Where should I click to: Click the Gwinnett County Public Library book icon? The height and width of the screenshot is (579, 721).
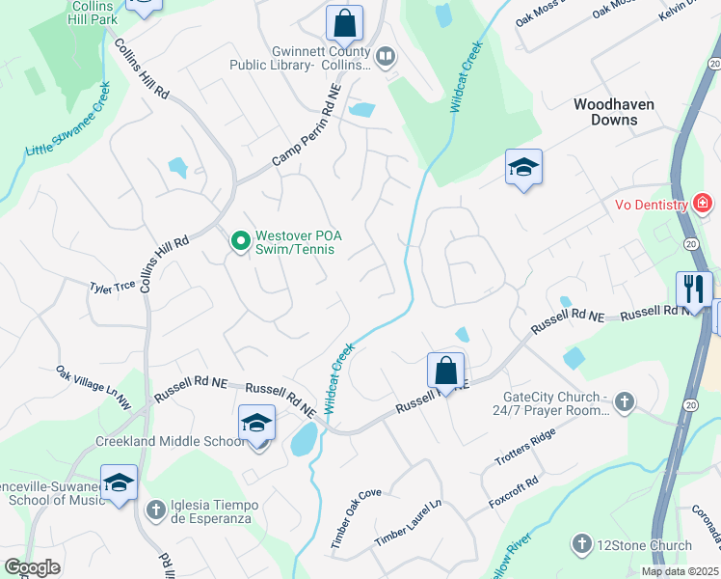386,58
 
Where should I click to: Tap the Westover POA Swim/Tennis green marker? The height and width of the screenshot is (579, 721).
240,240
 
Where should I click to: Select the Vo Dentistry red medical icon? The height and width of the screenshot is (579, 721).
703,204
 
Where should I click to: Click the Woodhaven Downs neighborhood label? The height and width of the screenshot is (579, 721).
605,112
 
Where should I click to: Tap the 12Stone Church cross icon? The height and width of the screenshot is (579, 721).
581,545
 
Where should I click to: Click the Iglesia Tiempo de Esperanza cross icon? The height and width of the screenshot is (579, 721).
155,509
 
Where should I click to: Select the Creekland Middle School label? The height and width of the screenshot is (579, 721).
171,441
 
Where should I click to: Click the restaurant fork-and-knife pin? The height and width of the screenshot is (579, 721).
693,288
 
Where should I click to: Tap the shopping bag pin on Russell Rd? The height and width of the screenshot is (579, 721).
445,370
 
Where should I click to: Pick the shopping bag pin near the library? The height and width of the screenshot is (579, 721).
343,22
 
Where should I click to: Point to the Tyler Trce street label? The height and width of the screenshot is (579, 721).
112,287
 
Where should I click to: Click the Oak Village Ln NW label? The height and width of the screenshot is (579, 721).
93,387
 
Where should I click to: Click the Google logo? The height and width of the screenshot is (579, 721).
32,567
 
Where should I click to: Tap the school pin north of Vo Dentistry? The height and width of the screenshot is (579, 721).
523,167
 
